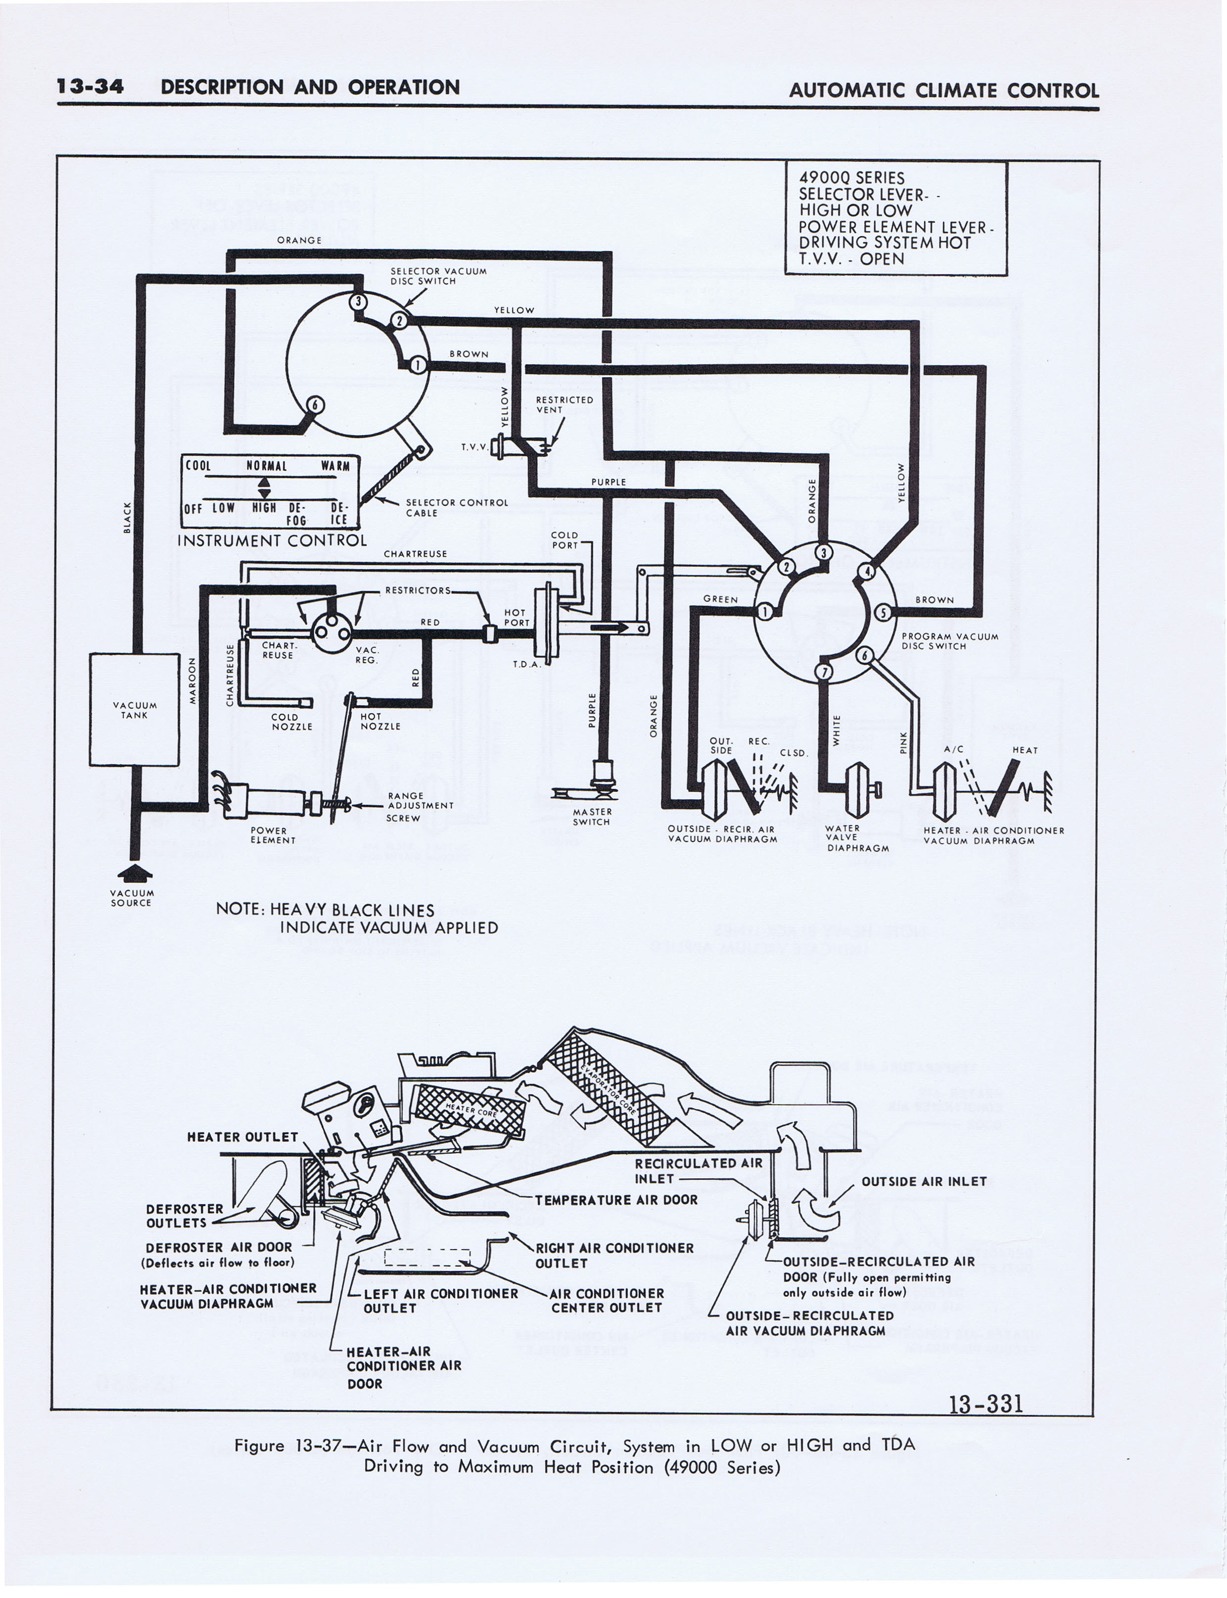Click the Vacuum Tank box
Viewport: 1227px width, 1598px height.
[135, 709]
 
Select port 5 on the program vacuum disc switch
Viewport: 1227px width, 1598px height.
[882, 612]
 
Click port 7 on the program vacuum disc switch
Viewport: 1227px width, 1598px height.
[824, 671]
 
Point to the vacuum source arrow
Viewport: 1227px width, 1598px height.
[135, 873]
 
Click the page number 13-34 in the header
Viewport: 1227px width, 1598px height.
[91, 87]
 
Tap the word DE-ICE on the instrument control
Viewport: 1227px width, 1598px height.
[339, 513]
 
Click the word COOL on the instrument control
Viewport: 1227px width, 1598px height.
[198, 465]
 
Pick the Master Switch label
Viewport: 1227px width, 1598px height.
[592, 817]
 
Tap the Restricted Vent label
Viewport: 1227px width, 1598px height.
[564, 405]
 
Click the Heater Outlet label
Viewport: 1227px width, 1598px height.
[242, 1137]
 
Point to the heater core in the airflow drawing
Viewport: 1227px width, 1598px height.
[469, 1110]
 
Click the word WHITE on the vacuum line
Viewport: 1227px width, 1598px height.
[837, 730]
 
